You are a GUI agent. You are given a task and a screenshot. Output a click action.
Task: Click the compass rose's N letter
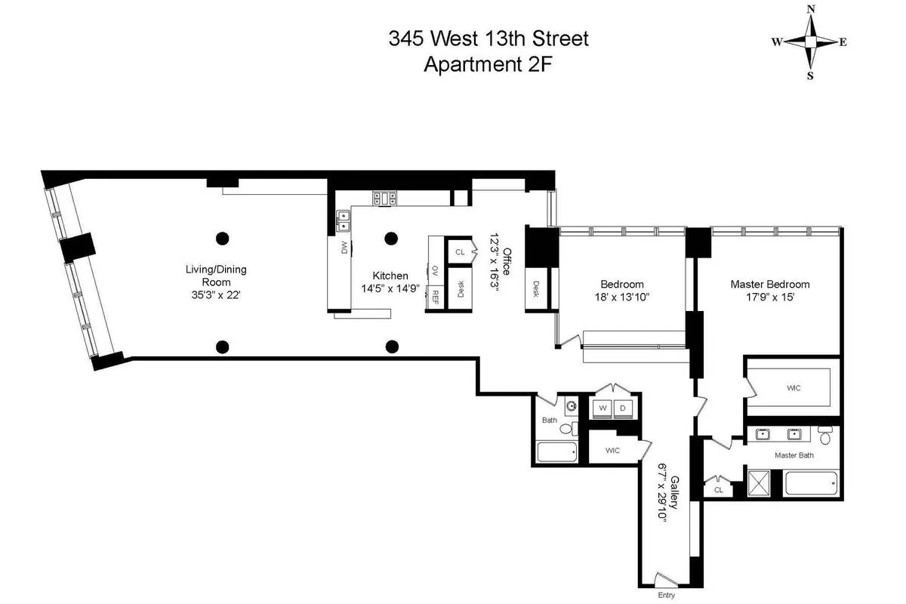click(811, 9)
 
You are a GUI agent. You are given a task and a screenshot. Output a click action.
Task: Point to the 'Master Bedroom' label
click(769, 285)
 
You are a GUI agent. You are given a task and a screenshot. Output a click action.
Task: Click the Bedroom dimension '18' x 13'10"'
click(622, 297)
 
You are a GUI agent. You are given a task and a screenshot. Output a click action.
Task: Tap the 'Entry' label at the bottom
click(665, 596)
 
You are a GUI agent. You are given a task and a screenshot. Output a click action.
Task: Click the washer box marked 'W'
click(603, 408)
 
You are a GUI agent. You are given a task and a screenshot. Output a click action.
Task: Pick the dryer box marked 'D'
click(624, 408)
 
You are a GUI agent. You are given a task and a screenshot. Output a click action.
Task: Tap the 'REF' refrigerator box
click(436, 297)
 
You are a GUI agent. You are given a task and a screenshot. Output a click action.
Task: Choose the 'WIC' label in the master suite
click(794, 387)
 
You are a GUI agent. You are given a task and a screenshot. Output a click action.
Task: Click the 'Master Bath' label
click(794, 455)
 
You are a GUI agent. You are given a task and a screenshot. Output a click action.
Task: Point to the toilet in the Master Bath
click(824, 436)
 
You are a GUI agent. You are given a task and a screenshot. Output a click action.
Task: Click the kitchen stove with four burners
click(385, 199)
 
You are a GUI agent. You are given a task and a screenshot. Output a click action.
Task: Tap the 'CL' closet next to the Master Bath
click(719, 489)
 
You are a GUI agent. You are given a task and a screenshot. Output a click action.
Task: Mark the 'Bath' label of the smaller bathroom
click(550, 420)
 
